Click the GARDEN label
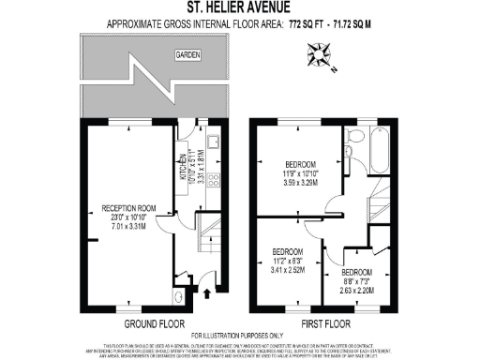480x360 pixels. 188,57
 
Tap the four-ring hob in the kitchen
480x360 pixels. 212,183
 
